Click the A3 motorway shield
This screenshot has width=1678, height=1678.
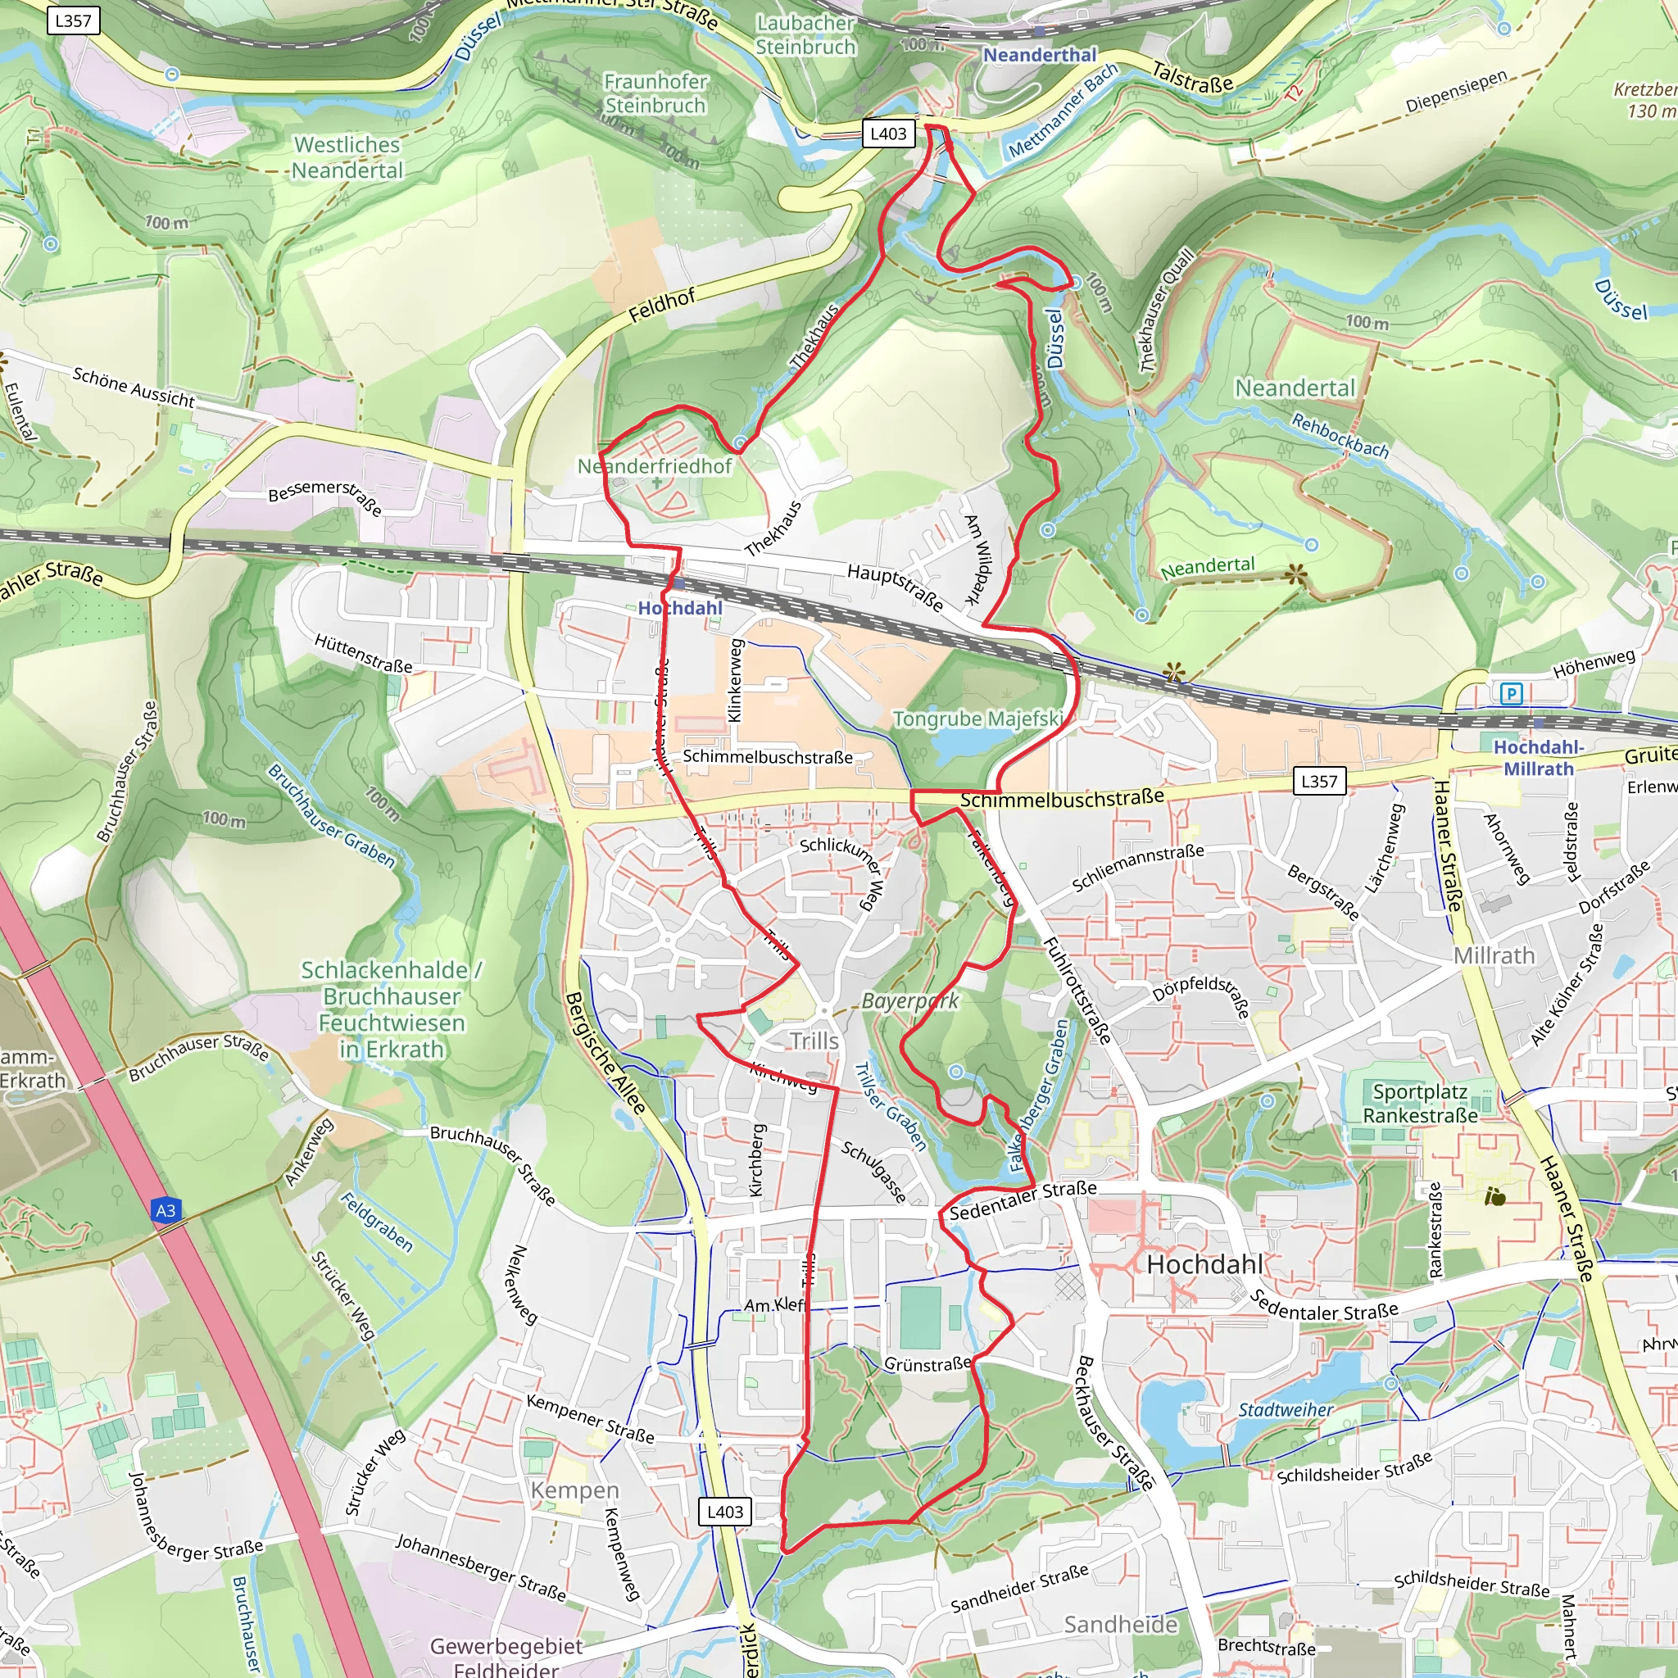click(x=166, y=1211)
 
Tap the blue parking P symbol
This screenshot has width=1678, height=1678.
click(x=1510, y=693)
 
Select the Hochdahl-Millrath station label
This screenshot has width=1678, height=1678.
click(x=1538, y=757)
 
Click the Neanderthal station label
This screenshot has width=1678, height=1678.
click(x=1040, y=56)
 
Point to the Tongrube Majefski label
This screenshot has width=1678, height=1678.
click(x=978, y=719)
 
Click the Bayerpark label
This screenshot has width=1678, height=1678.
click(x=909, y=1000)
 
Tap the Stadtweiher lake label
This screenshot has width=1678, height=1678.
click(x=1285, y=1408)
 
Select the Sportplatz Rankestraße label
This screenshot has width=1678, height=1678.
click(x=1419, y=1103)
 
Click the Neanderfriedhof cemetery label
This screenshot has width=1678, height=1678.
click(x=655, y=466)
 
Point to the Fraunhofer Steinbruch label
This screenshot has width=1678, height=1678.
click(x=655, y=93)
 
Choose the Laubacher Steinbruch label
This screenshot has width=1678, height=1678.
click(x=805, y=34)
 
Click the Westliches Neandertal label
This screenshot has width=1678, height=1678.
click(x=347, y=157)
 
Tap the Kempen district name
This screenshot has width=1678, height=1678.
click(x=574, y=1490)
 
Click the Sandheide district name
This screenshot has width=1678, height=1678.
click(x=1120, y=1624)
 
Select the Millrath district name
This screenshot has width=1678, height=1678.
click(x=1494, y=955)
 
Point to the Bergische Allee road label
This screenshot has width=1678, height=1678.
click(x=605, y=1054)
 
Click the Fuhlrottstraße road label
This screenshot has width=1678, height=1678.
click(x=1076, y=990)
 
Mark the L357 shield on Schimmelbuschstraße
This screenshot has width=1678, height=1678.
click(x=1318, y=781)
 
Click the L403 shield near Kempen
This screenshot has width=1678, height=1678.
click(x=724, y=1511)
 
